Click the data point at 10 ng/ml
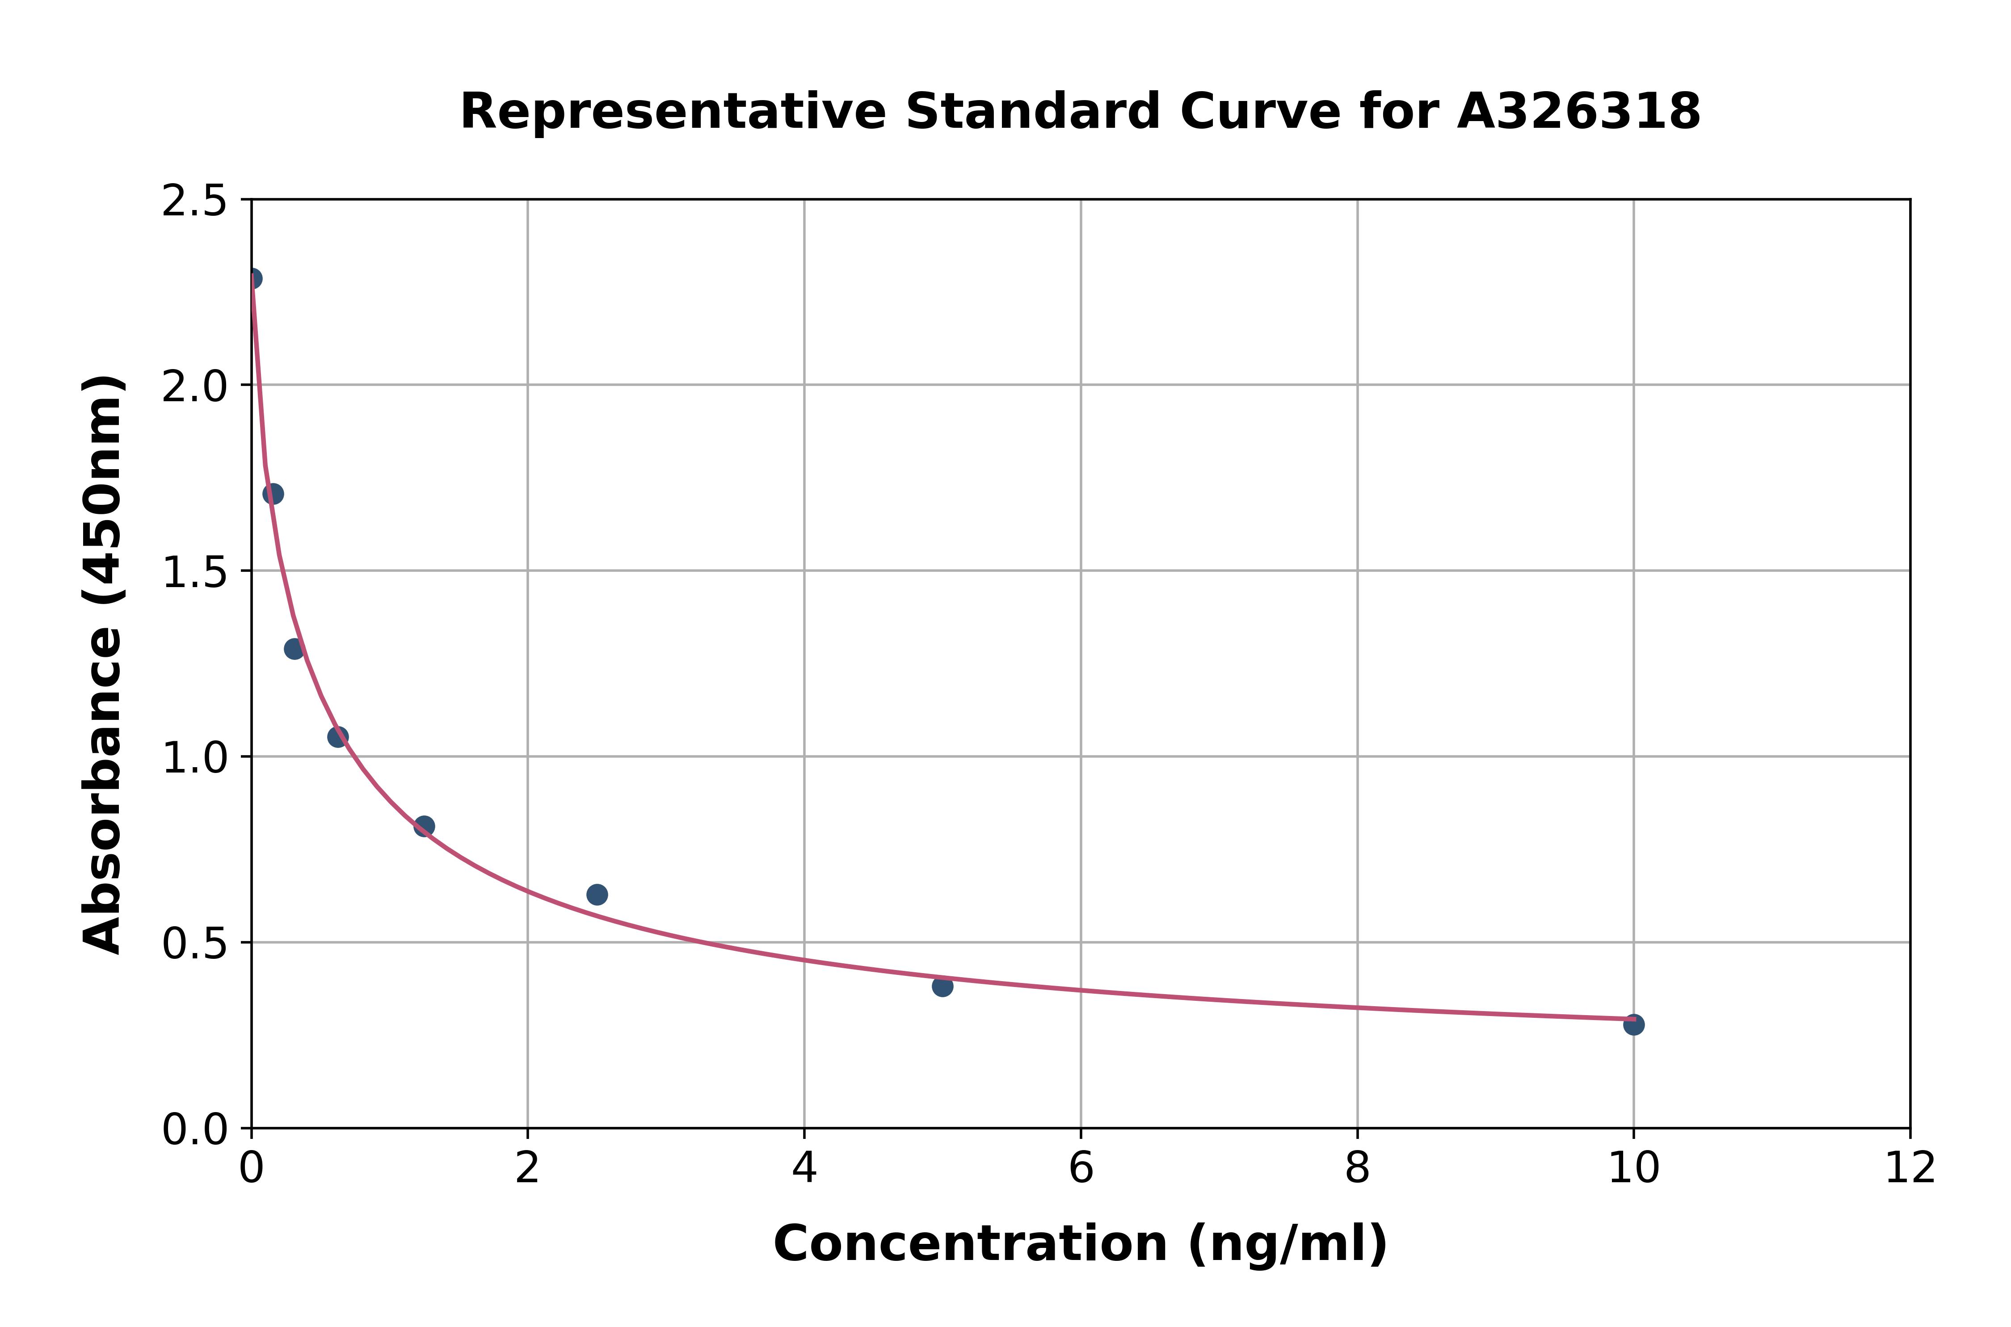click(1633, 1025)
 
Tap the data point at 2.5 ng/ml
click(597, 894)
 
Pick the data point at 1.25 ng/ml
click(424, 826)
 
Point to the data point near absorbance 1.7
click(273, 493)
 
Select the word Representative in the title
click(672, 112)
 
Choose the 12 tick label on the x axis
click(1910, 1169)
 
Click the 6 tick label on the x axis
click(1081, 1169)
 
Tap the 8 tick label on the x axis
click(1357, 1169)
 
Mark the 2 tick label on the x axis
click(527, 1169)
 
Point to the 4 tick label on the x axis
click(804, 1169)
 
